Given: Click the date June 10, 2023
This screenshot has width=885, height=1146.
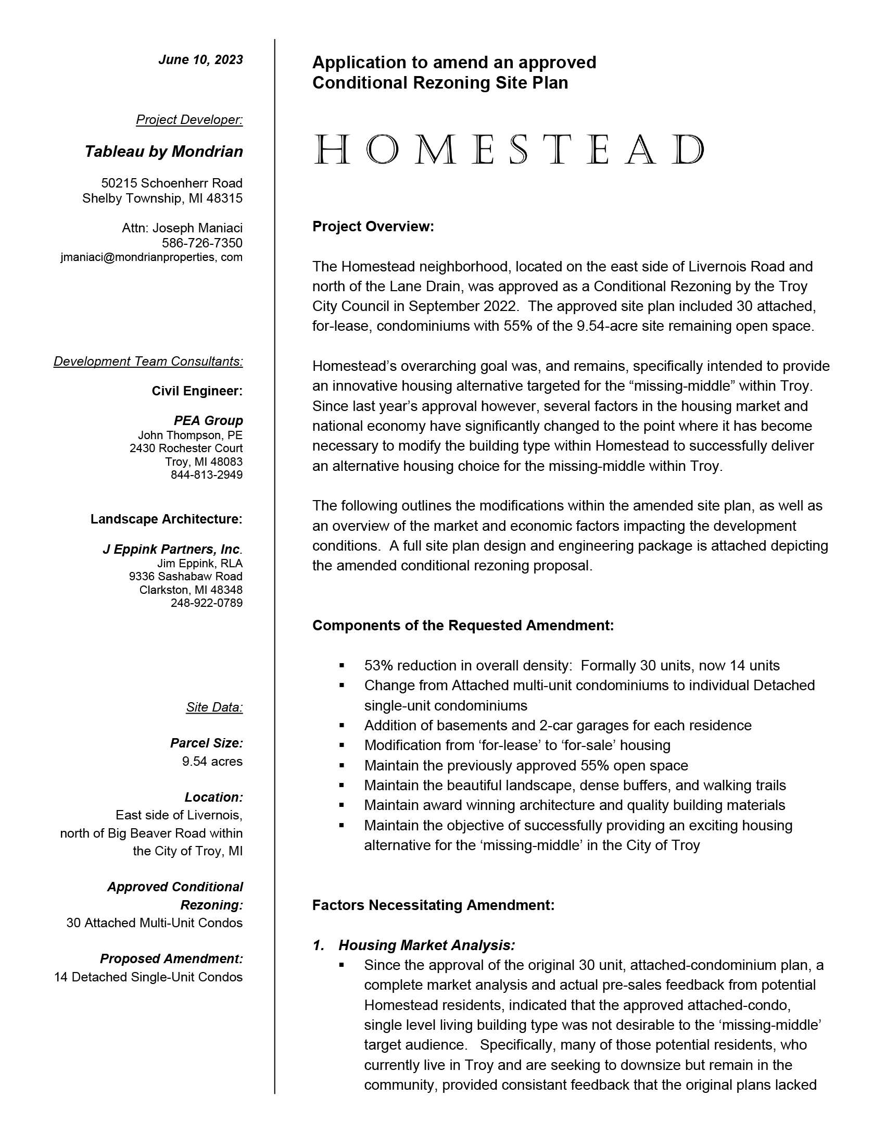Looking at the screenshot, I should tap(200, 60).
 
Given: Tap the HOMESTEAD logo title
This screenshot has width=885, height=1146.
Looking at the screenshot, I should tap(509, 150).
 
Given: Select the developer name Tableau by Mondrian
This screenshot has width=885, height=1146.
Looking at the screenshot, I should tap(163, 152).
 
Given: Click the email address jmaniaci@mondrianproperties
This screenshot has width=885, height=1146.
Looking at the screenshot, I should tap(151, 257).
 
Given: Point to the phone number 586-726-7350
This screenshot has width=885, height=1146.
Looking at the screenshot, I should tap(202, 243).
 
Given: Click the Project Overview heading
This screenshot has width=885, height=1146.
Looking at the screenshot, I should tap(373, 227).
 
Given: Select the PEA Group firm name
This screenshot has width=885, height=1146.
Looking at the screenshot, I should tap(208, 420).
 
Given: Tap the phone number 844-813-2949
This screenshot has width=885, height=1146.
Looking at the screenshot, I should tap(207, 475).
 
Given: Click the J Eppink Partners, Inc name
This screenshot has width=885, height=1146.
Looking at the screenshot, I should tap(172, 550).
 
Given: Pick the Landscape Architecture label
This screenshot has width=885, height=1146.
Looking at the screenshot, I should tap(166, 519).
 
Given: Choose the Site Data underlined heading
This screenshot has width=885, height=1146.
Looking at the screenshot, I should tap(214, 707).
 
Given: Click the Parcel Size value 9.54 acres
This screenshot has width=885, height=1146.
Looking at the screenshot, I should tap(212, 762).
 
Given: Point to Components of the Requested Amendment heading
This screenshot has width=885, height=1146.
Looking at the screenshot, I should tap(463, 626).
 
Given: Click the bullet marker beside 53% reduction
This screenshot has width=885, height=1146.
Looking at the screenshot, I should tap(342, 666).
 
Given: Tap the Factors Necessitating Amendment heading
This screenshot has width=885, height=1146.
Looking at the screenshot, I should tap(433, 905).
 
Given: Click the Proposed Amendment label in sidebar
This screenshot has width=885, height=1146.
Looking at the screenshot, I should tap(171, 958).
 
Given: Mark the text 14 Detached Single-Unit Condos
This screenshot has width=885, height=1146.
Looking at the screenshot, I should tap(148, 977).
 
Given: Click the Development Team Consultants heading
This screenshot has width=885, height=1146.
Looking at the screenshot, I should tap(148, 362).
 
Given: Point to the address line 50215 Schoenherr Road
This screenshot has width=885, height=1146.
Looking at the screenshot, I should tap(171, 183).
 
